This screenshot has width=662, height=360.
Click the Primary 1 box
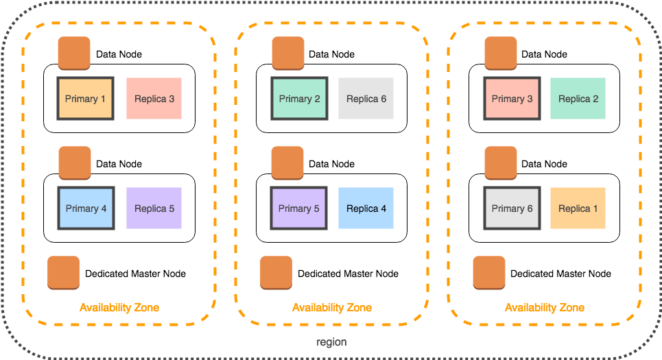point(86,99)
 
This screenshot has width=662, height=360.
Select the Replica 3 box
point(154,99)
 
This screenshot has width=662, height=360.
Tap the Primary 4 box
point(86,208)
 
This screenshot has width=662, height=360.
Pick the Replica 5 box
point(154,208)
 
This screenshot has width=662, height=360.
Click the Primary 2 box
point(299,99)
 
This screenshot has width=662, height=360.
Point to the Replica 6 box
point(366,99)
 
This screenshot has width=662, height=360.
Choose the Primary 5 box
point(299,208)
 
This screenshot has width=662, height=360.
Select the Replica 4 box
point(366,208)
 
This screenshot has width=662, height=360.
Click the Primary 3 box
point(512,99)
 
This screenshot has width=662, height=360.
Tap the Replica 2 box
point(578,99)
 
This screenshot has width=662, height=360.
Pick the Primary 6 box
point(512,208)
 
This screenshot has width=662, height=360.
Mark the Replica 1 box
point(578,208)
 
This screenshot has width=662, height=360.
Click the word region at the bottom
point(332,342)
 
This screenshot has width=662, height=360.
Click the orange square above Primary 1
point(74,53)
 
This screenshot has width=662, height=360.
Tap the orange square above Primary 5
point(287,163)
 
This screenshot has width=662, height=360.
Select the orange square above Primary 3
point(501,53)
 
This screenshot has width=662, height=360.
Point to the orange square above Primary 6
point(501,163)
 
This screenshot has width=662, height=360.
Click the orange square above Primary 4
point(75,163)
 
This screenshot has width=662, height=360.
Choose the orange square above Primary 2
point(288,53)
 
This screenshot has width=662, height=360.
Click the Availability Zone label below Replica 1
point(545,308)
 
